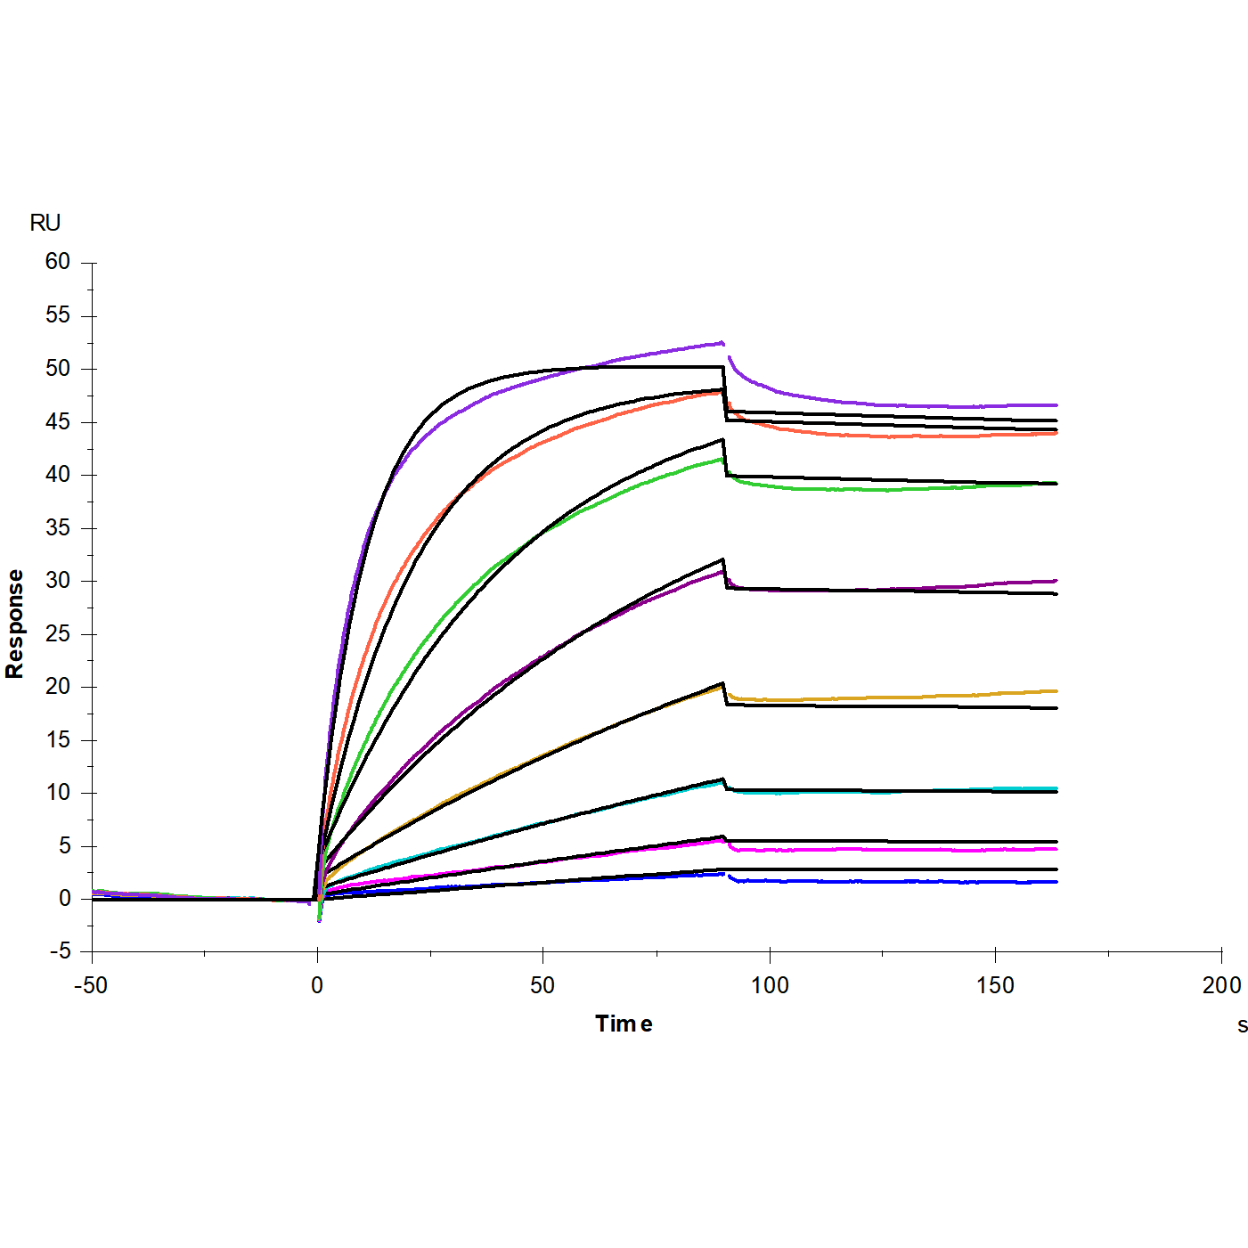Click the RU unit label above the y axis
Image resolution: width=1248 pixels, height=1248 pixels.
(45, 223)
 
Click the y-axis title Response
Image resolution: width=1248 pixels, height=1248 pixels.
(15, 624)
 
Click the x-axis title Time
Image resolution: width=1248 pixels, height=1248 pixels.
(624, 1024)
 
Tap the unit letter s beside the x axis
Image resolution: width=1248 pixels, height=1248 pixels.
(1242, 1025)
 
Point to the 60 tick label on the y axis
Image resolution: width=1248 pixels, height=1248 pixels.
(58, 262)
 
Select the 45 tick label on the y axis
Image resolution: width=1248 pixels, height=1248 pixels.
(58, 421)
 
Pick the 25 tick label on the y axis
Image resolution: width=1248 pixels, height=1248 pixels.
(58, 633)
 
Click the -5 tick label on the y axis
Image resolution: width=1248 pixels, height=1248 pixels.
(60, 951)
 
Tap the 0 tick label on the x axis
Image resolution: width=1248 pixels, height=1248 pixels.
(317, 985)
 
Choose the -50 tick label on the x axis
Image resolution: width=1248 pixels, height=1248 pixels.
(90, 985)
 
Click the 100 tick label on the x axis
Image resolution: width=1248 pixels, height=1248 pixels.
(770, 985)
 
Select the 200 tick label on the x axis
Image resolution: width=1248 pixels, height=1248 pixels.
(1221, 985)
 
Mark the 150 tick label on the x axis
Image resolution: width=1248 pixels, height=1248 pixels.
(995, 985)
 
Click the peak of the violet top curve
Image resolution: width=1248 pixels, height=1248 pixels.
(721, 342)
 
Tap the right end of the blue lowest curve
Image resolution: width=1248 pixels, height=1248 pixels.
(1056, 882)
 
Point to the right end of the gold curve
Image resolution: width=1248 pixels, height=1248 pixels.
(1056, 691)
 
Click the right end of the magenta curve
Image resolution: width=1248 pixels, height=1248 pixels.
(1056, 849)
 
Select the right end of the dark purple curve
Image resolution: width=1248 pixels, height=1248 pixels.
(1056, 581)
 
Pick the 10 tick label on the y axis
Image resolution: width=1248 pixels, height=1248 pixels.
(58, 793)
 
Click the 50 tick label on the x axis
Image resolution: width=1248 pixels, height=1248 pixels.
(542, 985)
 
